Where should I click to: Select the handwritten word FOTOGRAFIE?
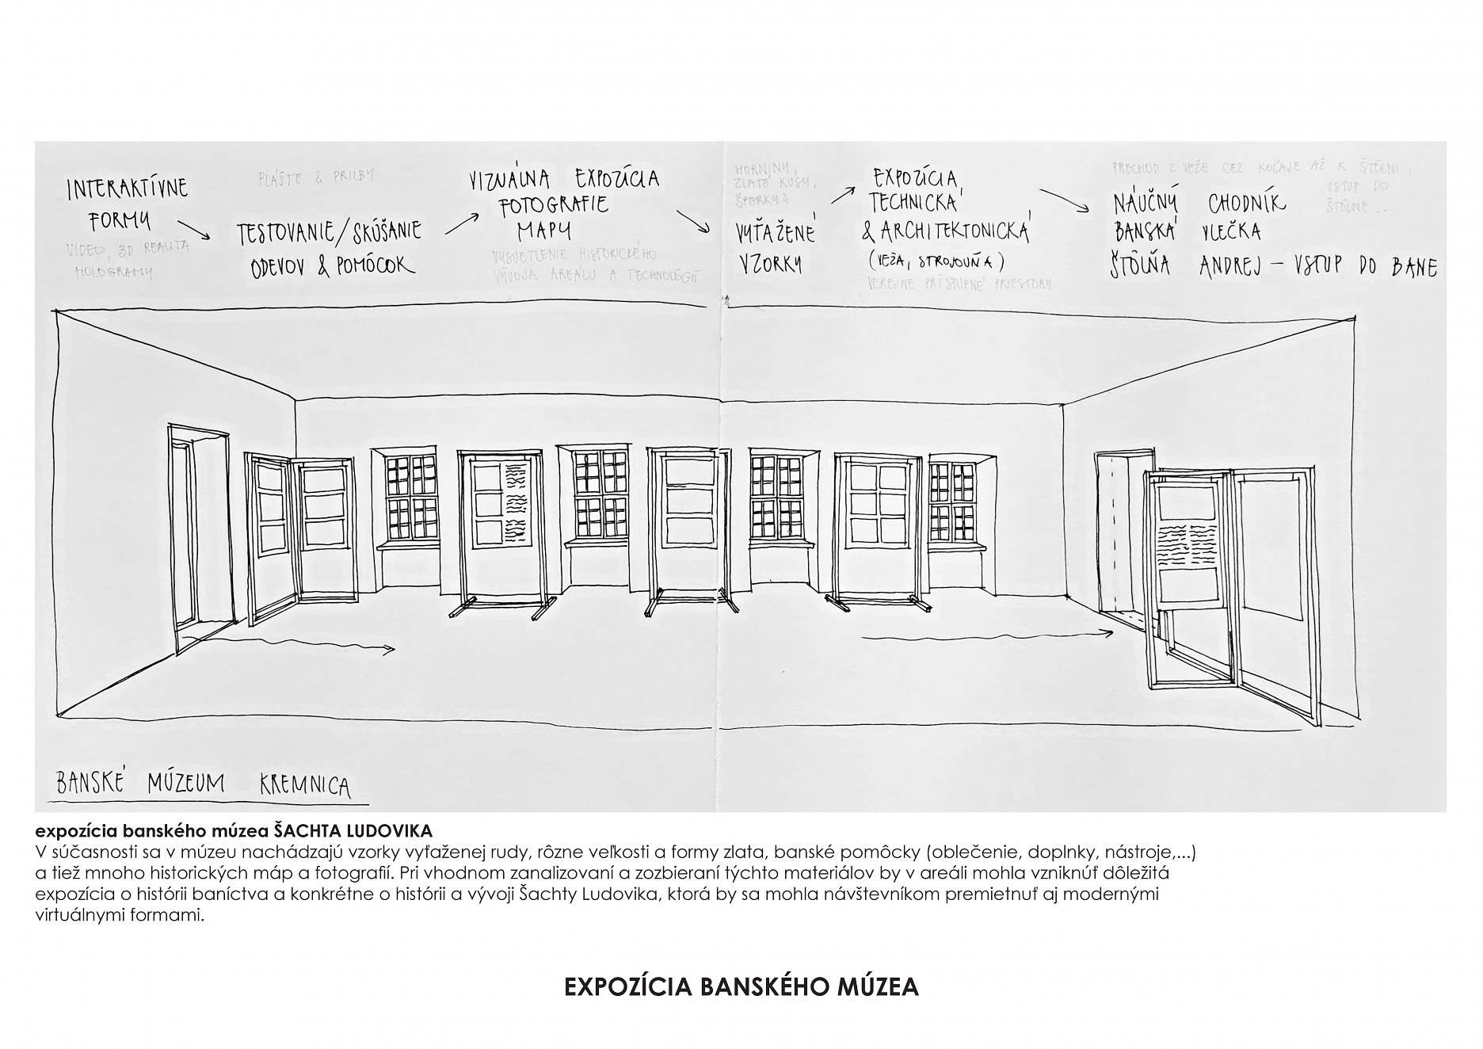point(553,206)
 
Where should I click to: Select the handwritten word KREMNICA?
point(305,786)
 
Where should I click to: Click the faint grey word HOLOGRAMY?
point(113,271)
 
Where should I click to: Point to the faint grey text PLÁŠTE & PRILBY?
point(316,177)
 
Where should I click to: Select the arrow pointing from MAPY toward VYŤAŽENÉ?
point(693,222)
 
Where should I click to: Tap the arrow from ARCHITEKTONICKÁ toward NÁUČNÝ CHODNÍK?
point(1064,201)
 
